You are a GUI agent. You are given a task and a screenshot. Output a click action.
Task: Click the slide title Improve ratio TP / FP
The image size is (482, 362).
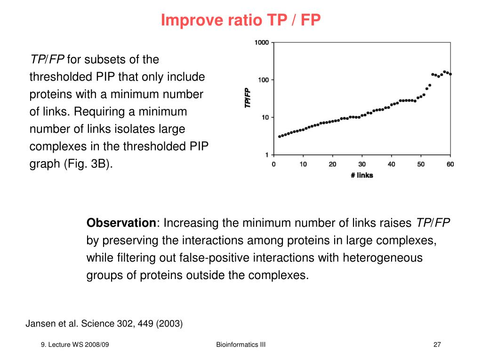point(241,20)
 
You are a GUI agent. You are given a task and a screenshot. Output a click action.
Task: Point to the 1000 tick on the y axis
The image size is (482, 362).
point(261,43)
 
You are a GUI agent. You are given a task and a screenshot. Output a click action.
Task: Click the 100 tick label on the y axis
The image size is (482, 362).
point(263,80)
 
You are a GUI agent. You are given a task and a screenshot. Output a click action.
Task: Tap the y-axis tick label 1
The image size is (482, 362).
point(266,155)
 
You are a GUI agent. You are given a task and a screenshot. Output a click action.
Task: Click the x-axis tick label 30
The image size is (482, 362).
point(362,164)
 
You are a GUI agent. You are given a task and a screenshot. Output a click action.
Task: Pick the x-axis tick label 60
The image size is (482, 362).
point(450,164)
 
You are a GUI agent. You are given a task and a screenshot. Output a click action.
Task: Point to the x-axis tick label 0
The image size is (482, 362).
point(274,164)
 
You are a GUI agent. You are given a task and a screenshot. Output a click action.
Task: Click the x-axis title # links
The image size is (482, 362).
point(361,175)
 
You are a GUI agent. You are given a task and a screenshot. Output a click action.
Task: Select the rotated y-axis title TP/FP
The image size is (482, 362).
point(248,99)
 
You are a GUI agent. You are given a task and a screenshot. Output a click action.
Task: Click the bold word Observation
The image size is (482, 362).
point(121,223)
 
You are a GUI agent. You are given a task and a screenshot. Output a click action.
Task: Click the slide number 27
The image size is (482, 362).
point(437,345)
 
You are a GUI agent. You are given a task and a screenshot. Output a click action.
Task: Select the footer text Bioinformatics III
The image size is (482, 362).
point(241,345)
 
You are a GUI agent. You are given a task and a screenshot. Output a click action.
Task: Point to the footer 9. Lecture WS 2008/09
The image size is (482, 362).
point(75,345)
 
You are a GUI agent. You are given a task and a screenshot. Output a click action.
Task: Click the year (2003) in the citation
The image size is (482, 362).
point(169,324)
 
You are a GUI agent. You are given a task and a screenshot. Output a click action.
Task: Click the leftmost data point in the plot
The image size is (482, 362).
point(280,137)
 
